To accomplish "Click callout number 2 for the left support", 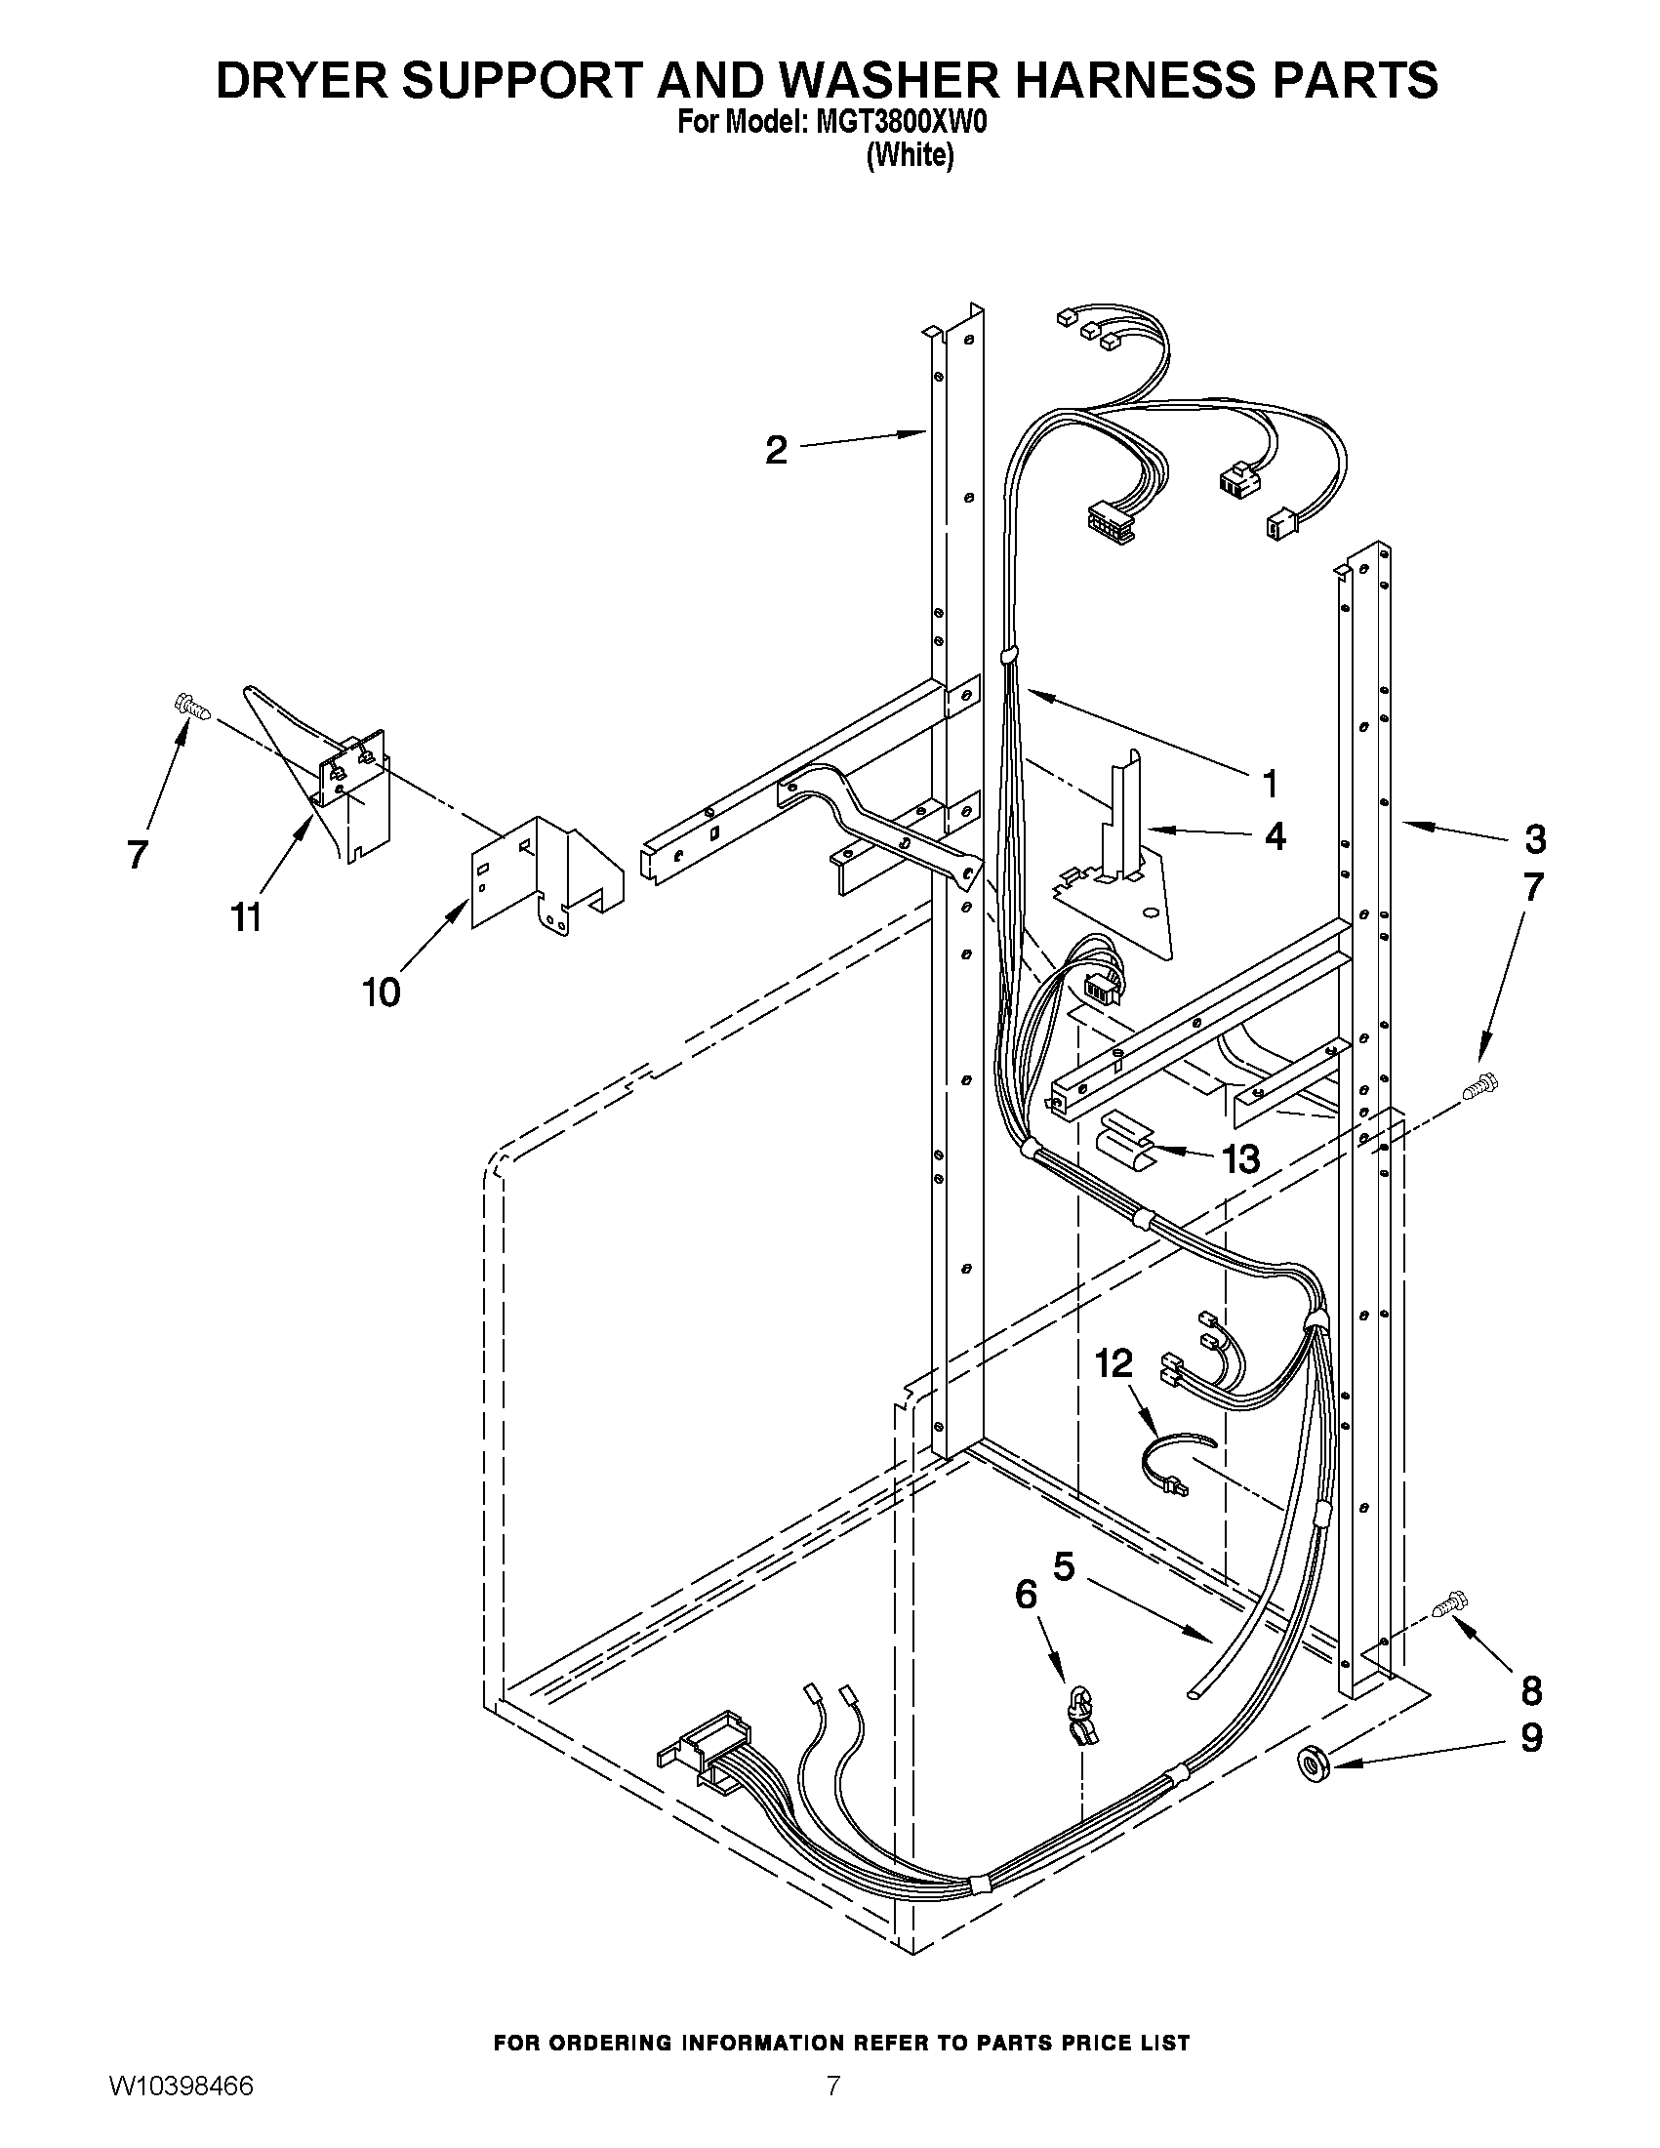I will tap(777, 452).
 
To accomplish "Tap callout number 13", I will tap(1241, 1159).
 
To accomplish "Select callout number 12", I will tap(1114, 1364).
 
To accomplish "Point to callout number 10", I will tap(382, 993).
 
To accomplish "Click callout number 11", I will tap(246, 917).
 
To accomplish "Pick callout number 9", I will tap(1531, 1739).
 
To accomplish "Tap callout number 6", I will tap(1026, 1595).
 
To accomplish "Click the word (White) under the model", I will tap(910, 155).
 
